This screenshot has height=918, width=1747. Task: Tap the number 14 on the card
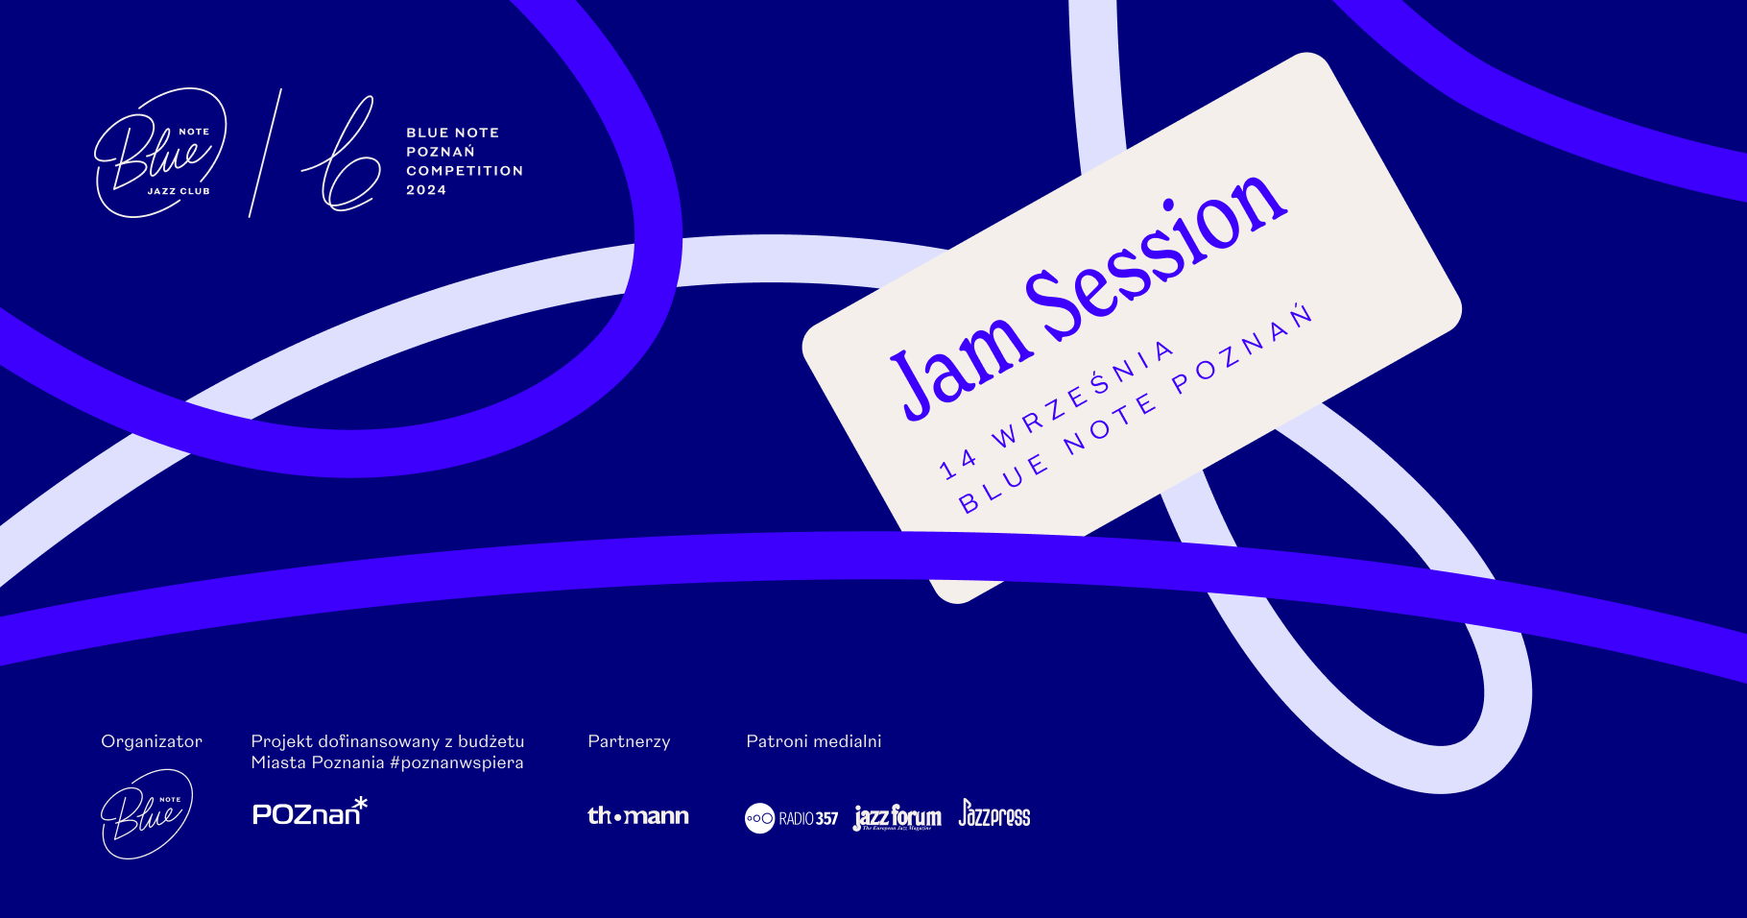958,465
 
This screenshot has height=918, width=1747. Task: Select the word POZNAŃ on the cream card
1242,350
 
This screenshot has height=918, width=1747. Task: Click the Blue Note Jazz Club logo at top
160,153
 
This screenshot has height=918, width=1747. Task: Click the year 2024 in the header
426,190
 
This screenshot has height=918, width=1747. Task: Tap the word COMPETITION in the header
465,171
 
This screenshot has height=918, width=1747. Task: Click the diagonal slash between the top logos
265,153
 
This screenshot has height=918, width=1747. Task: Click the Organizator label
152,741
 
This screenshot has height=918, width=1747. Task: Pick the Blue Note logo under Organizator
147,813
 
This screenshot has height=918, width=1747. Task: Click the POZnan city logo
310,811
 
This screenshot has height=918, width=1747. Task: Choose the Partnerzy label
629,741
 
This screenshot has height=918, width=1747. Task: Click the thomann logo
638,816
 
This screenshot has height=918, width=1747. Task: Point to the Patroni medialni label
814,741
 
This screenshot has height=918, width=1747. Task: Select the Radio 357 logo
791,818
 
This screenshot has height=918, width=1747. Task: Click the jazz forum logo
897,817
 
